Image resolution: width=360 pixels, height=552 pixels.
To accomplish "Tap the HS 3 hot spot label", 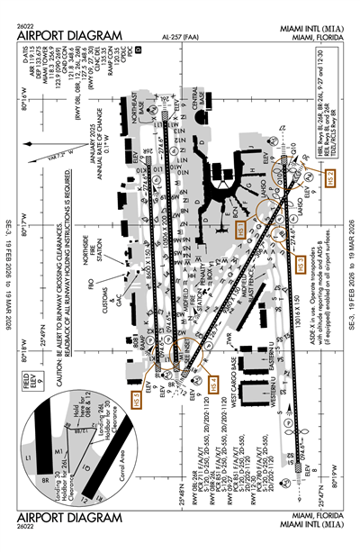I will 301,263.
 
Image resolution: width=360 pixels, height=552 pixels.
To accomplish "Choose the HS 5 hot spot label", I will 138,396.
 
